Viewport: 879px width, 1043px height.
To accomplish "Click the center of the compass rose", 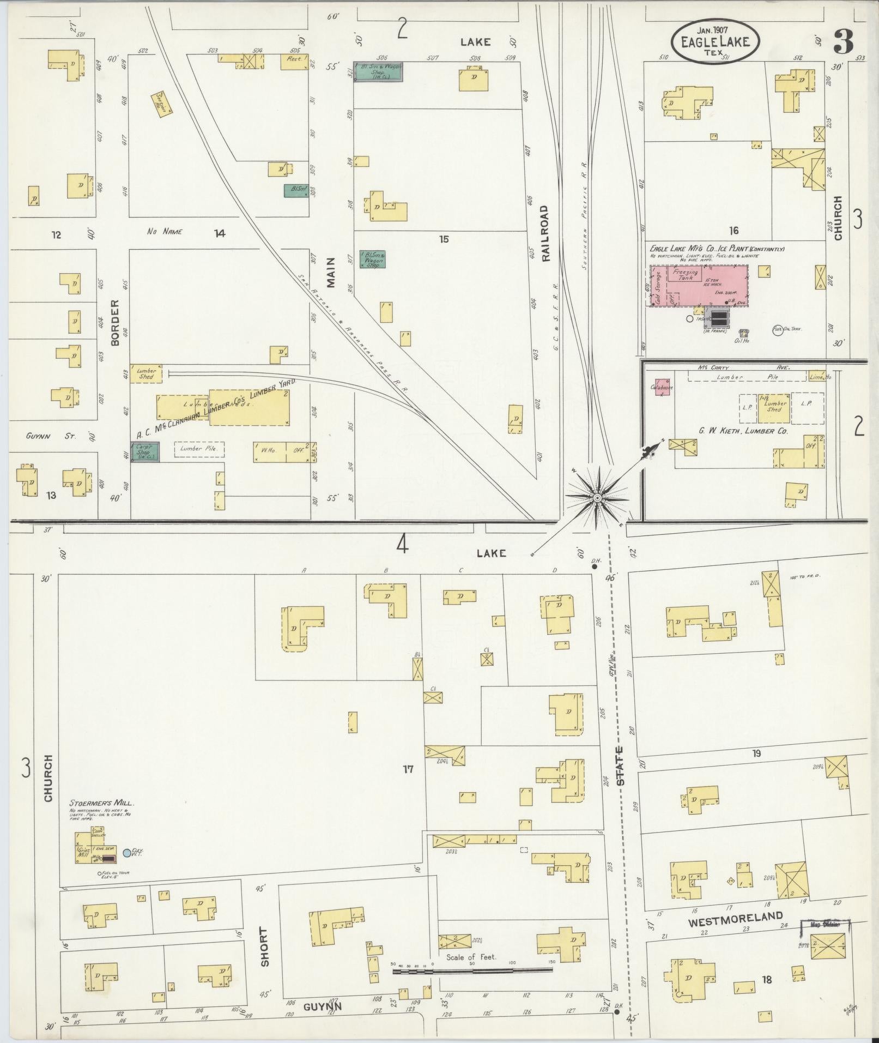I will (597, 498).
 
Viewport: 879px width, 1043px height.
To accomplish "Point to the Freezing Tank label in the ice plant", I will (685, 274).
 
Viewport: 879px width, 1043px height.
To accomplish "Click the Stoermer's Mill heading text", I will (101, 803).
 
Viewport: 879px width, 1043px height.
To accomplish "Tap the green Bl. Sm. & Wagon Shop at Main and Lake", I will (378, 71).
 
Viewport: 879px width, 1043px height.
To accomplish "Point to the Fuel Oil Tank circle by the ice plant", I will (778, 330).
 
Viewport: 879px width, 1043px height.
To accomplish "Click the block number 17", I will (408, 769).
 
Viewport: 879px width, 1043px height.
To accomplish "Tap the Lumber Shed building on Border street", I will (146, 373).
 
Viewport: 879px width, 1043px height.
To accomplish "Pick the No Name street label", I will (165, 232).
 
